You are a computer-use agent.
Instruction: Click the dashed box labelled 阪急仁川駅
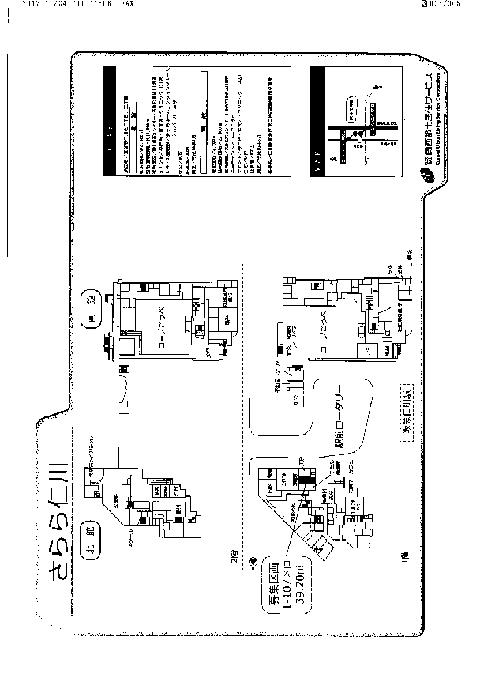(x=409, y=420)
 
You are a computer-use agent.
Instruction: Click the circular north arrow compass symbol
(x=251, y=561)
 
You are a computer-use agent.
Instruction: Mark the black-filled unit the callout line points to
(x=302, y=480)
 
